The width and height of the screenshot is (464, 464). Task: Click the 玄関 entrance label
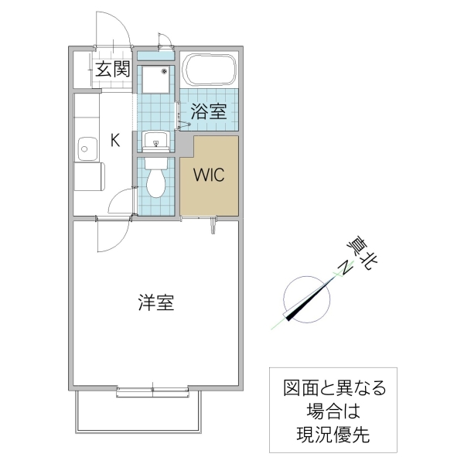click(111, 70)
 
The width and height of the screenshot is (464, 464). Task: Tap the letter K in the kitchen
click(114, 140)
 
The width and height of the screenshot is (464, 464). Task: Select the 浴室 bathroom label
click(209, 111)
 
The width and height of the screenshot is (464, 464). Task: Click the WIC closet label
click(209, 175)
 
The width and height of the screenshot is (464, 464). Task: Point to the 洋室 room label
click(155, 303)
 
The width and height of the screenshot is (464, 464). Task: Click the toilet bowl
click(156, 181)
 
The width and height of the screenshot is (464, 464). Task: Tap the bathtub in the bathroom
click(209, 72)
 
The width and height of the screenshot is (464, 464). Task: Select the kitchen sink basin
click(86, 146)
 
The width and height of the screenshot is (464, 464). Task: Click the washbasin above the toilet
click(157, 142)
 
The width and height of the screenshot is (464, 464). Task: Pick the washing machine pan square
click(157, 80)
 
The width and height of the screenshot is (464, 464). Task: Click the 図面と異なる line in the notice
click(327, 387)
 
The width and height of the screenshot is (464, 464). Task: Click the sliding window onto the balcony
click(155, 393)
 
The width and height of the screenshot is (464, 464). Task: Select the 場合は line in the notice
click(327, 411)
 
